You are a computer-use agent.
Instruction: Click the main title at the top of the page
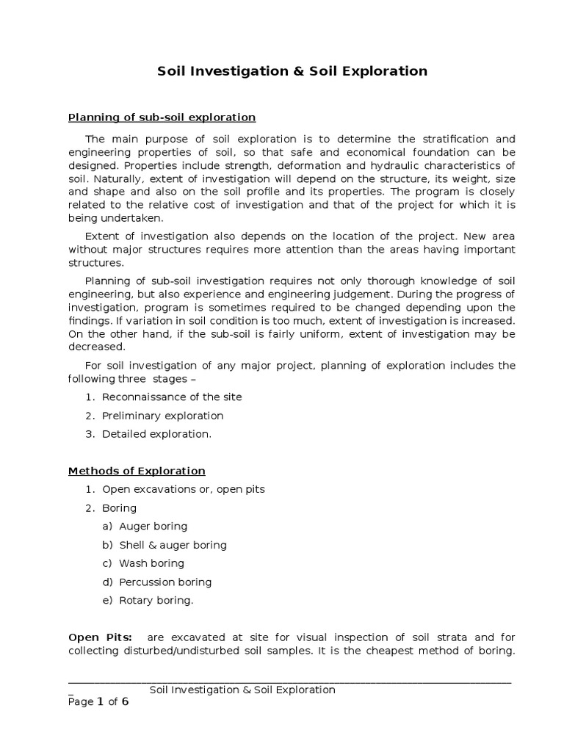coord(292,71)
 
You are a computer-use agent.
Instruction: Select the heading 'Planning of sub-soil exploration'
coord(162,117)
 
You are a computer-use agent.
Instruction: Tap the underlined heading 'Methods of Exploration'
coord(137,471)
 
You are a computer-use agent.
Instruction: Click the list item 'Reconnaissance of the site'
coord(172,397)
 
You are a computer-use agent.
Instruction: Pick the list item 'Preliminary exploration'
coord(162,416)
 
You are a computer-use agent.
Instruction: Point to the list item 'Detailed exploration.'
coord(156,434)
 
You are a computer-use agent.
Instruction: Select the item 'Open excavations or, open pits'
coord(183,489)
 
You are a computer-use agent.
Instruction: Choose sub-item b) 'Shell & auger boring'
coord(173,545)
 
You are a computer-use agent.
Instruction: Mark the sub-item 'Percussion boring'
coord(165,582)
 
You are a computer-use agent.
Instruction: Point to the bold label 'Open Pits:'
coord(95,637)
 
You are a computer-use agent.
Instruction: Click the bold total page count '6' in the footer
coord(125,701)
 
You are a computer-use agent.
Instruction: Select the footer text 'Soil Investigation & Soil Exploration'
coord(242,690)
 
